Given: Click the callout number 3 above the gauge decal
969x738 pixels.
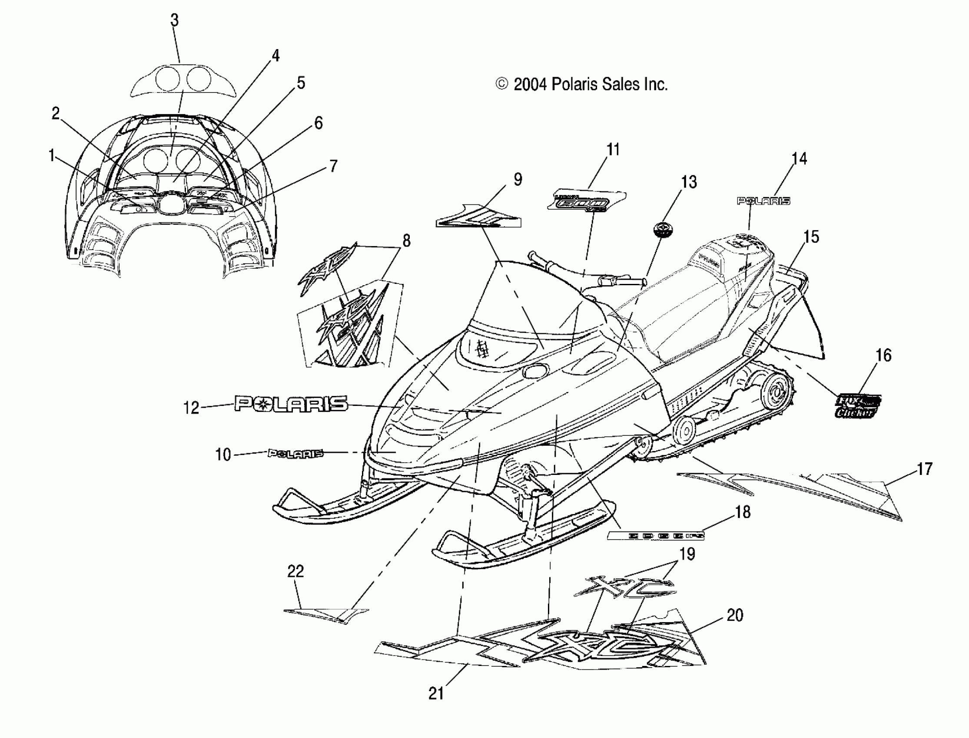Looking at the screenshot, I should (x=175, y=20).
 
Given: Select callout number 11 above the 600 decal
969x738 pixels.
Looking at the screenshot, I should (x=613, y=150).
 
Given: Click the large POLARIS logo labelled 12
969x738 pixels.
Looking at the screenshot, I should (x=291, y=403).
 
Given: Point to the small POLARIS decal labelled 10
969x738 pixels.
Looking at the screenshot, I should (x=295, y=453).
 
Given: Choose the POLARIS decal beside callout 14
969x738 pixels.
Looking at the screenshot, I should (x=763, y=201).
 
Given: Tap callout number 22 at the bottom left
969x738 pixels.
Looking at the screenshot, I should (x=295, y=571).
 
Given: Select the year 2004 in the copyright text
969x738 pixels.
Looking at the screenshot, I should (x=530, y=84).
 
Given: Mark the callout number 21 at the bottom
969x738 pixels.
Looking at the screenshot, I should (x=436, y=694).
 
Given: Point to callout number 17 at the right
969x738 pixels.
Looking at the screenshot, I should (x=924, y=469).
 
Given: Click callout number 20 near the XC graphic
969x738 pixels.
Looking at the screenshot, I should (x=735, y=615).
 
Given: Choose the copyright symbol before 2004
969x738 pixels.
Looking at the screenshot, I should (x=501, y=84).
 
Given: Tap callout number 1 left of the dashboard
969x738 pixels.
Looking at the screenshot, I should (x=52, y=155).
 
